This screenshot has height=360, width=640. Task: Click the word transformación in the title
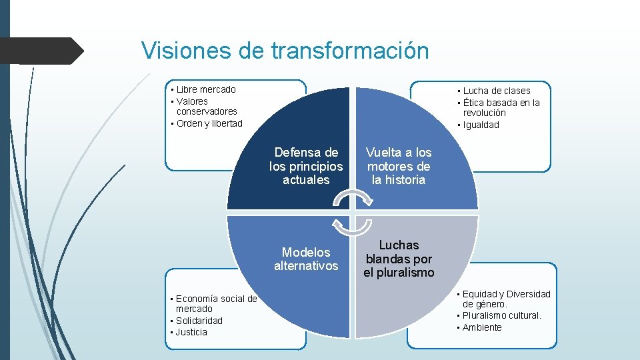350,51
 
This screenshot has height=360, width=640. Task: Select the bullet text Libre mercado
206,89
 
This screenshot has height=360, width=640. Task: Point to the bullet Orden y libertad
209,123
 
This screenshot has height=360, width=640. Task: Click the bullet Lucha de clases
497,91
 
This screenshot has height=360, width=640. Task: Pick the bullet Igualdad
481,125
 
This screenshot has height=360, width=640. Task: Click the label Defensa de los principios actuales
306,166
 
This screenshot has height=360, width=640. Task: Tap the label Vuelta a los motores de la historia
399,166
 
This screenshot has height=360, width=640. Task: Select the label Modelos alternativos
306,259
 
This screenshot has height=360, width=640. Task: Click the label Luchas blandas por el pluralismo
399,259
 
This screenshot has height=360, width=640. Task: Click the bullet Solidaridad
199,321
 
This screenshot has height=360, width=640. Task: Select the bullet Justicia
191,332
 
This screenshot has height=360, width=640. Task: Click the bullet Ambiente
482,327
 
